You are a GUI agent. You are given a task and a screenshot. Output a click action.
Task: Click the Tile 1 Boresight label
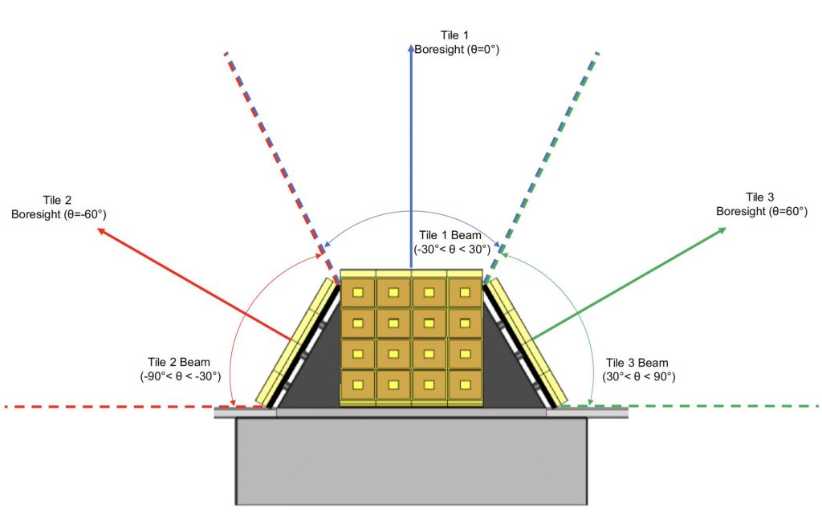coord(456,43)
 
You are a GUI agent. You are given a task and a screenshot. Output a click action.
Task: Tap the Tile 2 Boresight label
coord(58,208)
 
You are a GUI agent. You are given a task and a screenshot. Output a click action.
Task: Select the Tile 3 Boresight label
coord(762,205)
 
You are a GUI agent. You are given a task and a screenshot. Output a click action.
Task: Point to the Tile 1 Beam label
coord(450,242)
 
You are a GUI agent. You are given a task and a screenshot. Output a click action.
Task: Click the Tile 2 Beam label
coord(180,369)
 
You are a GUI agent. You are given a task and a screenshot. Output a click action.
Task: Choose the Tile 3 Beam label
coord(638,369)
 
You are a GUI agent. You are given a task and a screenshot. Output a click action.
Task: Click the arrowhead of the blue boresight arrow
coord(411,48)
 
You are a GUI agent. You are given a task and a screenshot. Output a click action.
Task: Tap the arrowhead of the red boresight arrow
coord(102,231)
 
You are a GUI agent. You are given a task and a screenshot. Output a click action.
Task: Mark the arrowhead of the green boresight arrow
coord(722,230)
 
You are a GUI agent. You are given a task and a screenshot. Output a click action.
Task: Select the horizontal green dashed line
coord(688,406)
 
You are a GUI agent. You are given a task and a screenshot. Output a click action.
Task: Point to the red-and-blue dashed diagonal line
coord(282,168)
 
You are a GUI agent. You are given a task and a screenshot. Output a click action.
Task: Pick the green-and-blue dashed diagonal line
coord(541,168)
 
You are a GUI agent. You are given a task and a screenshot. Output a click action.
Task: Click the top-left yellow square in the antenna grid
coord(358,292)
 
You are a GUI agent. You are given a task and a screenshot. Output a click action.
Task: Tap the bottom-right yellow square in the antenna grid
coord(465,385)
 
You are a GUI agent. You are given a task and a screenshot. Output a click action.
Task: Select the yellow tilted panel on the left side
coord(295,343)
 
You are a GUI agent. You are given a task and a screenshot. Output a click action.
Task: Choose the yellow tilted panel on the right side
coord(528,343)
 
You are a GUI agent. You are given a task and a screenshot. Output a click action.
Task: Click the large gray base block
coord(412,461)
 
